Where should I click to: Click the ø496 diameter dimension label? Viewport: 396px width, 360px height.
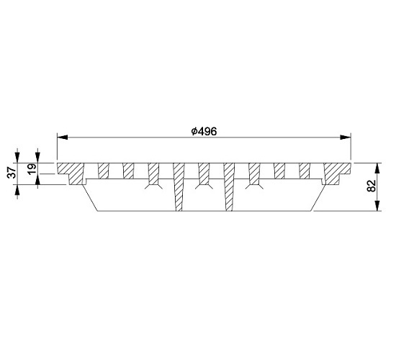[204, 131]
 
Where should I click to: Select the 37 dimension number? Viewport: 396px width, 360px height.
[12, 173]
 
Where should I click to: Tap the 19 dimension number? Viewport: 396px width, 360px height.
[32, 169]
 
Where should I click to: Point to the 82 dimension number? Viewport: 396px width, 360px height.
[372, 186]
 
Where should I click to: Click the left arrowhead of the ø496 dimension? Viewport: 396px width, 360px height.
[63, 138]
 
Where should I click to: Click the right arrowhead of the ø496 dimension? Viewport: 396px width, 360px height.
[346, 138]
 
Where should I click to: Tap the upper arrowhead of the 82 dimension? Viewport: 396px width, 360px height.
[377, 168]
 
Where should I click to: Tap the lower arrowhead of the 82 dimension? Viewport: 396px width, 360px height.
[377, 206]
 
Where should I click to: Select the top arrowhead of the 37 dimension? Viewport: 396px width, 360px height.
[17, 158]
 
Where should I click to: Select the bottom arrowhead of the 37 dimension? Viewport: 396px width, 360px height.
[17, 190]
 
